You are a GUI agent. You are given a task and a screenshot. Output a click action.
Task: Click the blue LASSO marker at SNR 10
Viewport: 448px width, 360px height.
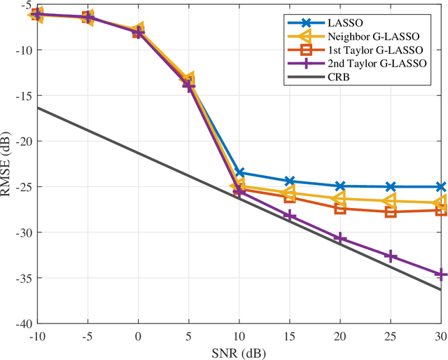(239, 172)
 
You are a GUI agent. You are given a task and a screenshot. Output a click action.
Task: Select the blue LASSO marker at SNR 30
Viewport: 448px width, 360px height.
(441, 187)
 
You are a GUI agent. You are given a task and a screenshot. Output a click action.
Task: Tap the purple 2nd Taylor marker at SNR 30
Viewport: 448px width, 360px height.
(441, 275)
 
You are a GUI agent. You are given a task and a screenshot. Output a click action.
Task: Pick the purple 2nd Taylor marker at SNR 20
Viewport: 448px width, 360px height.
(340, 239)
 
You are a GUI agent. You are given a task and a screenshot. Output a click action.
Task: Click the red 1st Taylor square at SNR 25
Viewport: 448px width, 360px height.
(391, 212)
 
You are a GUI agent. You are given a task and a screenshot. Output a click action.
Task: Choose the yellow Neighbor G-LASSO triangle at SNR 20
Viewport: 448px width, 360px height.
(339, 199)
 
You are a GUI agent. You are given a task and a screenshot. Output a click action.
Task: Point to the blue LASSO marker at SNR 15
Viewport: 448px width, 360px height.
(289, 181)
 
